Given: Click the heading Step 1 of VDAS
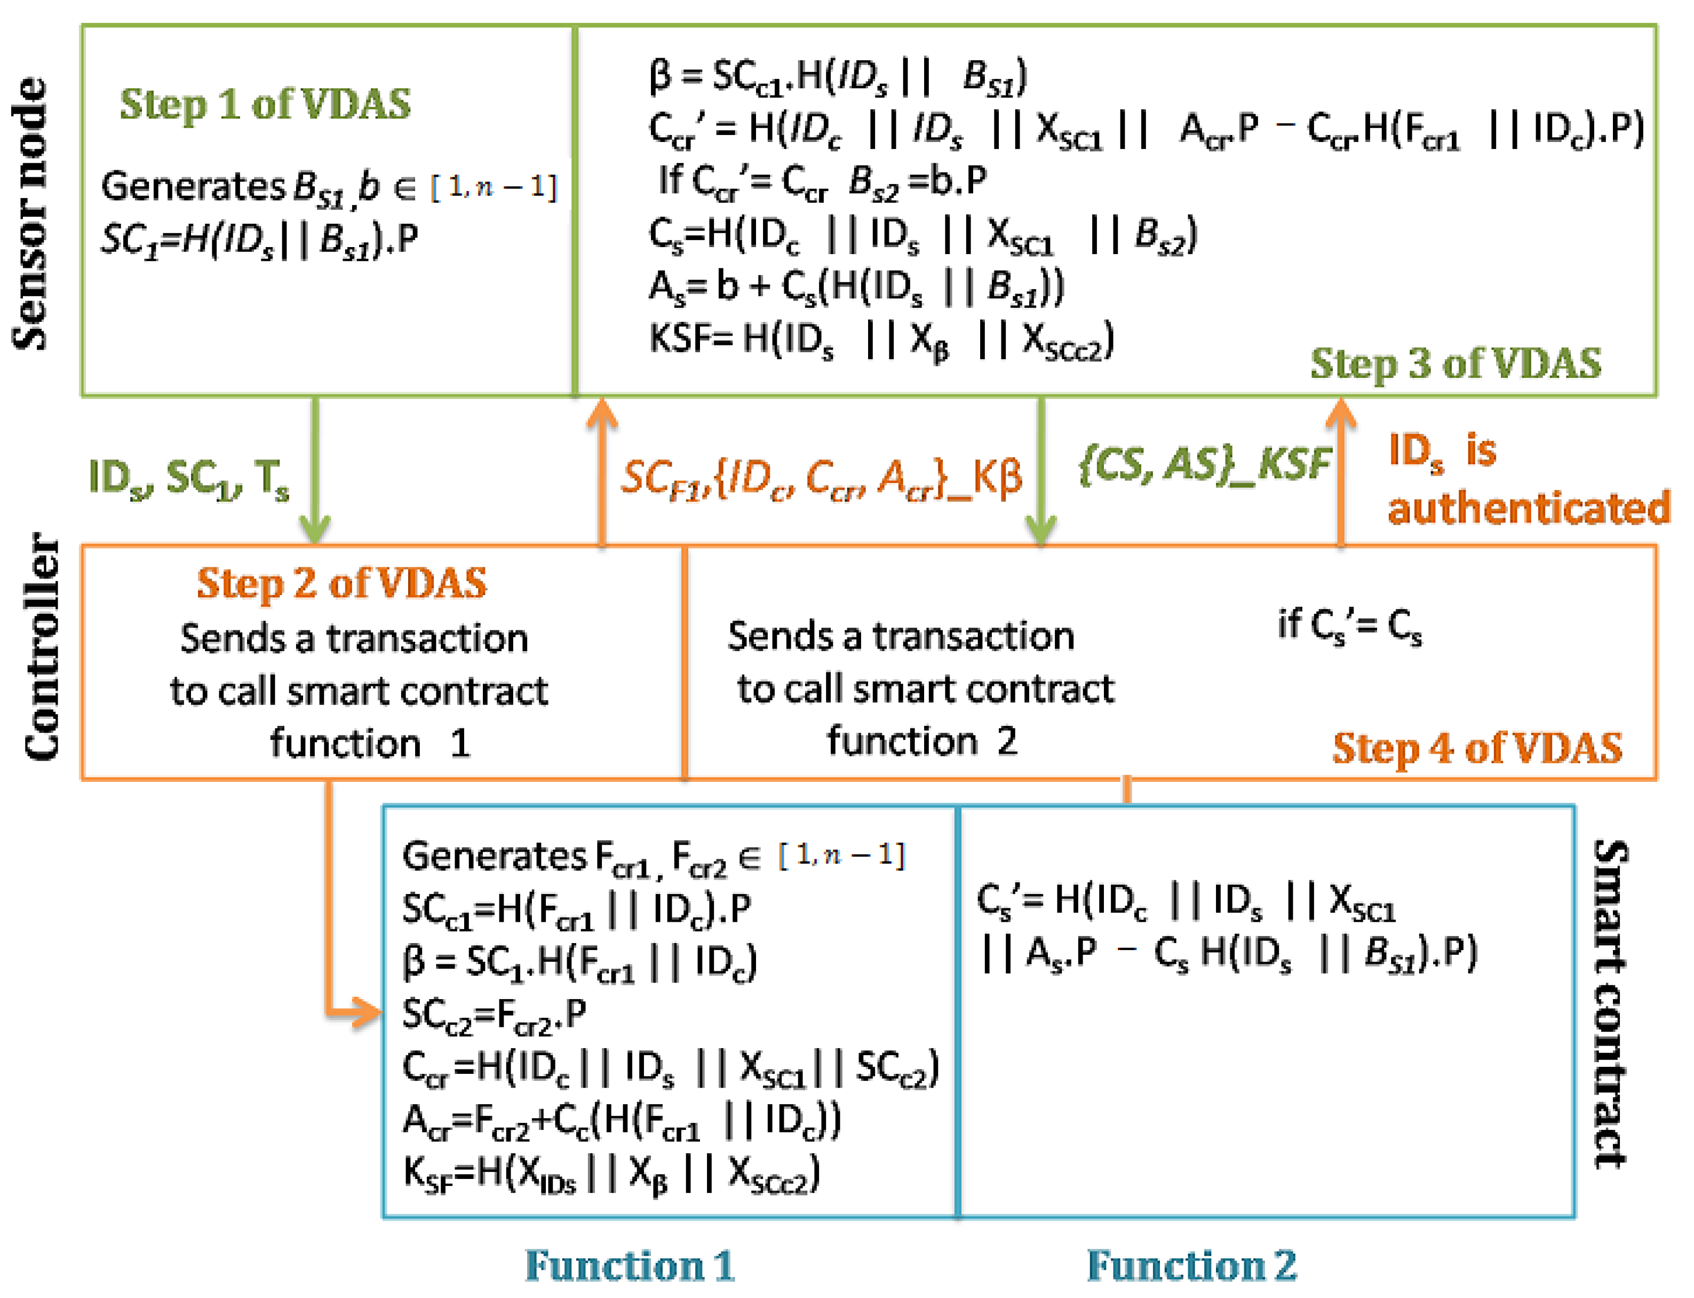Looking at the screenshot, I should coord(265,104).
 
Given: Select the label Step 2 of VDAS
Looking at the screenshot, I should coord(341,583).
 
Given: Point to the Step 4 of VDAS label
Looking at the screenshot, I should coord(1477,748).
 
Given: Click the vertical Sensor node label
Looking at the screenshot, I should coord(31,214).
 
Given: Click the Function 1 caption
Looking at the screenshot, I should coord(630,1265).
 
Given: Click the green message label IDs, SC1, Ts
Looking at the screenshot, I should coord(189,479).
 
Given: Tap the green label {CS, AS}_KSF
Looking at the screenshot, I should coord(1204,465).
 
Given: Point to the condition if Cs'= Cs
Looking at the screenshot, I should coord(1349,626).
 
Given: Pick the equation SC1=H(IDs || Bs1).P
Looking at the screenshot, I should coord(259,240).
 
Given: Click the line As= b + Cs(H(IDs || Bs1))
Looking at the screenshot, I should coord(856,288).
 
